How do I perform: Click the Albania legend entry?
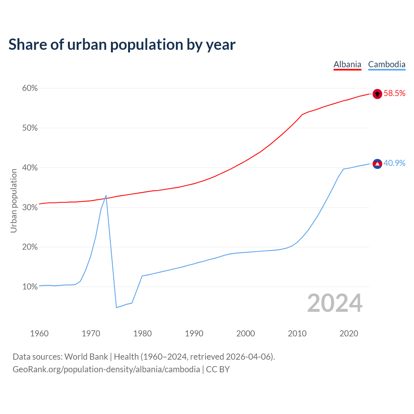[347, 64]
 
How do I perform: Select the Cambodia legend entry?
[387, 64]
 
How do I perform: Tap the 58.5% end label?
[394, 93]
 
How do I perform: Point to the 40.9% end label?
[394, 163]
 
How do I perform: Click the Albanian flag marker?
[377, 94]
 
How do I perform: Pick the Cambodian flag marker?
[377, 164]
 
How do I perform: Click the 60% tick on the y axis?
[30, 88]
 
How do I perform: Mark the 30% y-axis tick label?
[30, 207]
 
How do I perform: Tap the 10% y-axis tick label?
[30, 287]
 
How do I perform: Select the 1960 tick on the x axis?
[39, 333]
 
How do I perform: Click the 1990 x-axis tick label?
[194, 333]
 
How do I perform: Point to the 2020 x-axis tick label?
[349, 333]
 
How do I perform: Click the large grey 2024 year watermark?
[334, 303]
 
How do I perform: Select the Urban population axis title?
[14, 201]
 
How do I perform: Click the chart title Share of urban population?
[122, 45]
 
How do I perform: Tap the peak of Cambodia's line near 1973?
[106, 196]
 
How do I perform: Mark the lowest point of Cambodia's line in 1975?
[116, 307]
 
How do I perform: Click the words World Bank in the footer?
[86, 357]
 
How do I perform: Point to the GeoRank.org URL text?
[106, 369]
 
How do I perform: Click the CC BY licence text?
[218, 369]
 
